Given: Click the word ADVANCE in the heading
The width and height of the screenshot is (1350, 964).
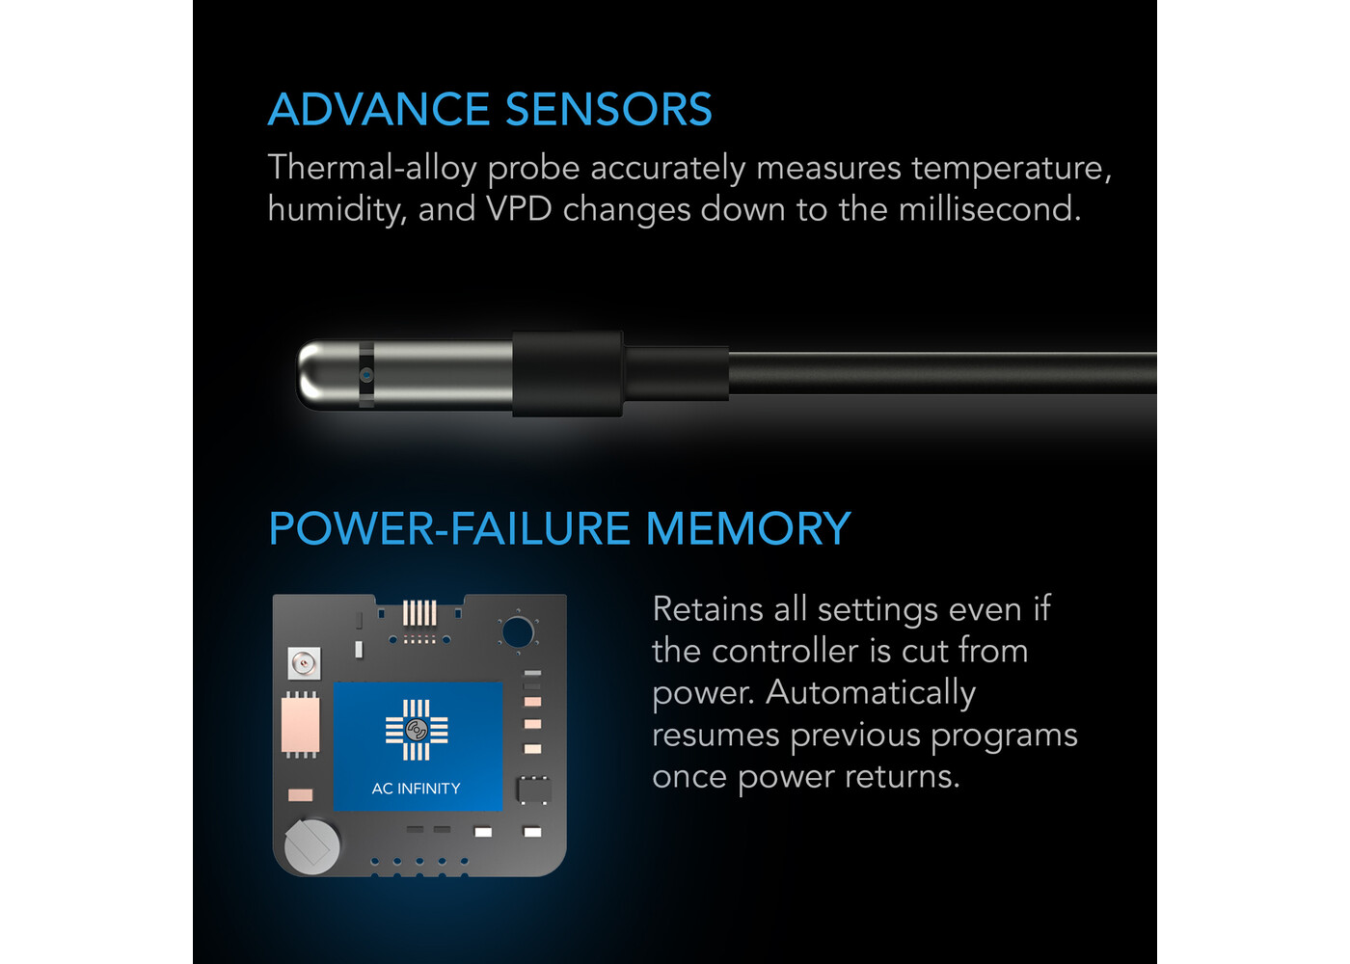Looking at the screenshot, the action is (x=378, y=109).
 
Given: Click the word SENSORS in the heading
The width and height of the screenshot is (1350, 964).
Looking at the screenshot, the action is (x=608, y=109).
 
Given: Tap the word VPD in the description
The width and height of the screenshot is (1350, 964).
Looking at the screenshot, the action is (x=519, y=209).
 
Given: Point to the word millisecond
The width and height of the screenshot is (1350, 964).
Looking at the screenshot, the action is (x=989, y=208).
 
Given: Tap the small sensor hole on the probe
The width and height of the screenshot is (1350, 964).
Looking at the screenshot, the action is (x=366, y=376).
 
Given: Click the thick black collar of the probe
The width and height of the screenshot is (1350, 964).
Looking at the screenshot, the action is (x=567, y=374).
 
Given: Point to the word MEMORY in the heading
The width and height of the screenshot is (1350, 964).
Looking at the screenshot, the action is (x=748, y=528).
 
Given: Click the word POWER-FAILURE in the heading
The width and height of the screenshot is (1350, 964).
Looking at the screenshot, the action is (x=449, y=528).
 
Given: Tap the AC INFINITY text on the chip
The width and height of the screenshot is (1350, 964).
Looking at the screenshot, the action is (x=416, y=789).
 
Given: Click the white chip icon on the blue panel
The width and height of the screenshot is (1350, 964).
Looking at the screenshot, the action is (x=417, y=731).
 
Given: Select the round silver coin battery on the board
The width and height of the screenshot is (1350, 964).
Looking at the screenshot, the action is (x=311, y=847).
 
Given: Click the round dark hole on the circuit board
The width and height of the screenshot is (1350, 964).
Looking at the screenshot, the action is (x=517, y=632).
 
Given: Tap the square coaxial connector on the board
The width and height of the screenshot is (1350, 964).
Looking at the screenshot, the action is (x=305, y=664).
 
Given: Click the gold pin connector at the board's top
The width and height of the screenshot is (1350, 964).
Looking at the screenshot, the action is (x=419, y=613).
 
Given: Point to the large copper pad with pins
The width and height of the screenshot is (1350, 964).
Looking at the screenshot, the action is (x=300, y=725).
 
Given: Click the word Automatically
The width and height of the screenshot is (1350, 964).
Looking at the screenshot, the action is (x=870, y=694).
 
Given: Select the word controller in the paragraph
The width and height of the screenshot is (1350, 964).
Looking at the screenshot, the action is (x=785, y=652).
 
